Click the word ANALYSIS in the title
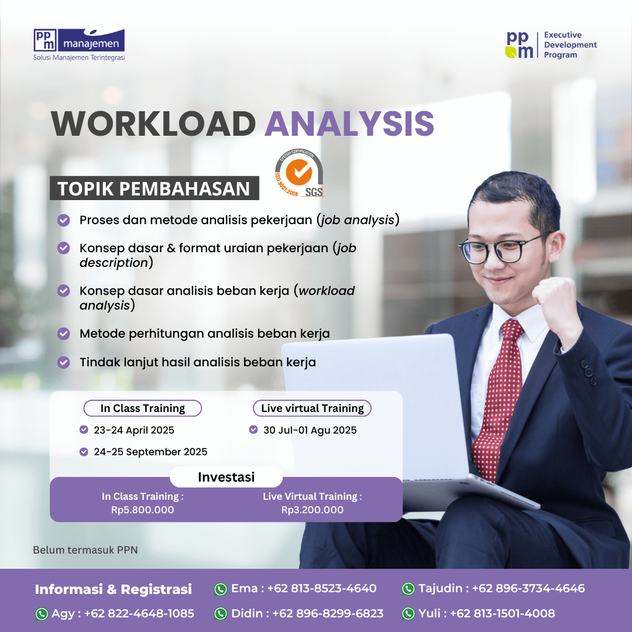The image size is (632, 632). tap(349, 123)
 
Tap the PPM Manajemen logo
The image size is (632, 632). tap(79, 44)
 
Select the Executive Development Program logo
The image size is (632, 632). tap(551, 44)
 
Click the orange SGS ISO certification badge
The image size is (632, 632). tap(299, 173)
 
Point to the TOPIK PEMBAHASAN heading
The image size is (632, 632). tap(154, 188)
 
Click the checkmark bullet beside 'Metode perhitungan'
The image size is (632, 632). tap(63, 334)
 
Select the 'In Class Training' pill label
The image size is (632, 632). tap(143, 408)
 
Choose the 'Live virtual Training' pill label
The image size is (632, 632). tap(312, 408)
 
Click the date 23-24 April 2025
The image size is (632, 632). tap(134, 430)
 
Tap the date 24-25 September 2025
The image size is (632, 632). tap(150, 452)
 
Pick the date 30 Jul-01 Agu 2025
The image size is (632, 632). tap(310, 430)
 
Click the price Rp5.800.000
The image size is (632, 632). tap(143, 510)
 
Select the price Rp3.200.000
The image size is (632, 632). tap(312, 510)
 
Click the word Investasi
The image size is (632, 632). tap(226, 478)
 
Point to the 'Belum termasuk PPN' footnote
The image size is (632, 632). tap(85, 549)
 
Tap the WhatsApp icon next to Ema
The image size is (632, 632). tap(221, 589)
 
